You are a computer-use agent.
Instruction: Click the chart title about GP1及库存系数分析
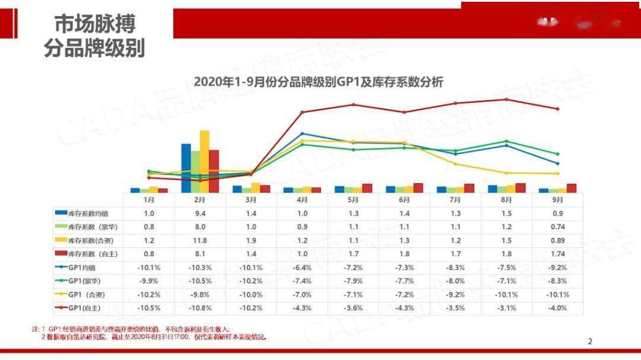318,82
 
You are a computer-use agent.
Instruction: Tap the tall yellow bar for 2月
204,161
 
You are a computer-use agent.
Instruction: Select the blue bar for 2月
186,168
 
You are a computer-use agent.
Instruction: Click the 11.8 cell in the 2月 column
200,240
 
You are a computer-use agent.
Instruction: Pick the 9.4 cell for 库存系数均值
200,213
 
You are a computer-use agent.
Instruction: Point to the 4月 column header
302,200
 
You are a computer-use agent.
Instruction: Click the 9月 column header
557,200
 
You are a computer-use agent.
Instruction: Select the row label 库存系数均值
87,213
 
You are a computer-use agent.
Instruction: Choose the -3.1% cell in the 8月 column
506,308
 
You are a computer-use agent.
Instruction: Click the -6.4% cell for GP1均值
302,267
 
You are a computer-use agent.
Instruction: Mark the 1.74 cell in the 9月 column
557,254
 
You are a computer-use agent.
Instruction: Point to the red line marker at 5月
354,104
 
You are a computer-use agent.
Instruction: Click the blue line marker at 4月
302,133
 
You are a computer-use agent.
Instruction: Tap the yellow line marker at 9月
557,174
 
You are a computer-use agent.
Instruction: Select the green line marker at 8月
506,141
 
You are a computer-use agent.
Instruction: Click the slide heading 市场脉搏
95,24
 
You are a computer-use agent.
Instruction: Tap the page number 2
589,341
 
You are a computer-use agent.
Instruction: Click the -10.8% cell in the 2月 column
200,308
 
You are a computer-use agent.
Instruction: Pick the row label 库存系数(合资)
91,240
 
